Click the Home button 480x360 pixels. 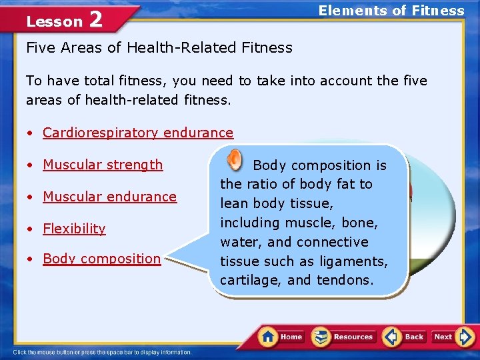point(282,337)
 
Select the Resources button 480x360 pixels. point(344,337)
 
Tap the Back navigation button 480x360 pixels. point(405,337)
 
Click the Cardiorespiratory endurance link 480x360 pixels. point(138,133)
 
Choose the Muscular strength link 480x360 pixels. point(103,165)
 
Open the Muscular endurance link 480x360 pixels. point(109,197)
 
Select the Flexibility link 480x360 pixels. point(74,229)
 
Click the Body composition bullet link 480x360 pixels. point(101,259)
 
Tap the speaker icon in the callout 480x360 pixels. point(234,159)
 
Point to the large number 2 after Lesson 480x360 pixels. point(95,19)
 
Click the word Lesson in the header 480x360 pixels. point(54,21)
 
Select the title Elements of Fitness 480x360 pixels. point(391,10)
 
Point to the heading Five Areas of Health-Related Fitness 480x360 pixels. point(159,47)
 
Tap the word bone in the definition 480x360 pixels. point(360,223)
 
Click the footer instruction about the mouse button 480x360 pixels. point(103,352)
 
